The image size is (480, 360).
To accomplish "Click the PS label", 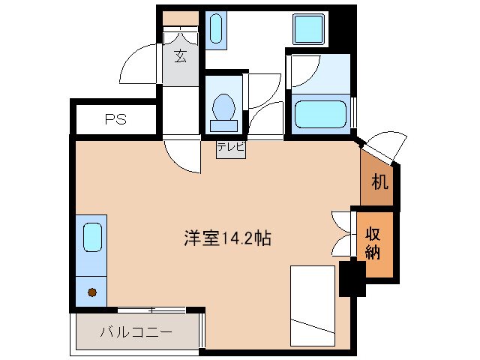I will pos(115,118).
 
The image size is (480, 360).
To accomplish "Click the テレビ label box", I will pos(230,148).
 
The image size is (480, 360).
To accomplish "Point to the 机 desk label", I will pos(380,181).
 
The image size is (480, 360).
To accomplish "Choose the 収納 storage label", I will pos(373,242).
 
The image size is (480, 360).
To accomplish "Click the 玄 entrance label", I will pos(181,56).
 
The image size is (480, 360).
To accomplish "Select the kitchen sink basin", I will pos(91,237).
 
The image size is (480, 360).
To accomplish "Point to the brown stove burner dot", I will pos(91,292).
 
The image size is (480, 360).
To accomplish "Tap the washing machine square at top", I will pos(308,29).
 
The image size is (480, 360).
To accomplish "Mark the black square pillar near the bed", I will pos(351,277).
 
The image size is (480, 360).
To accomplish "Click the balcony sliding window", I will pos(151,309).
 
